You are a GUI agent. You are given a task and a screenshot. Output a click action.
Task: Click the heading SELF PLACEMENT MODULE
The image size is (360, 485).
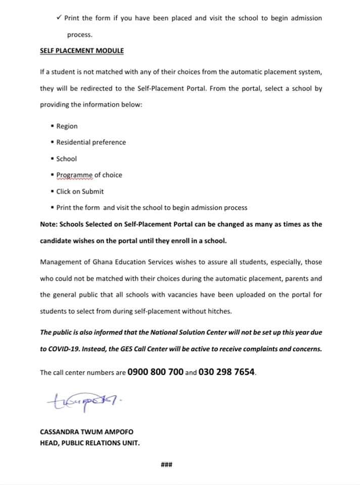(x=81, y=51)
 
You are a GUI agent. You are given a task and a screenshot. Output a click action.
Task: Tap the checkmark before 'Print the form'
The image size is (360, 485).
(x=60, y=18)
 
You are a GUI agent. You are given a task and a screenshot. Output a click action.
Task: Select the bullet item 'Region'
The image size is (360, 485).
(x=67, y=126)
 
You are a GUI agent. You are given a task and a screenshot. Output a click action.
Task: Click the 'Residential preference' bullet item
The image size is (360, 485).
(x=91, y=142)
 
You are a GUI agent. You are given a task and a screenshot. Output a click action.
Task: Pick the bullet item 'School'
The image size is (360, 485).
(x=66, y=159)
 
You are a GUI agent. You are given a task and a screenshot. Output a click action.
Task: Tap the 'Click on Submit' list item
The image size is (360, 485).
(x=80, y=191)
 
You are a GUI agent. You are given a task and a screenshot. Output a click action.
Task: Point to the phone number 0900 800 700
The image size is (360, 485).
(x=155, y=372)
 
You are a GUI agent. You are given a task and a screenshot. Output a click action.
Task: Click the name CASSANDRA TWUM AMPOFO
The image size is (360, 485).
(x=86, y=432)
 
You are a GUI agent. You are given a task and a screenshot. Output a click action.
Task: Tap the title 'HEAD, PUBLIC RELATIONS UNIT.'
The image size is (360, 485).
(x=90, y=443)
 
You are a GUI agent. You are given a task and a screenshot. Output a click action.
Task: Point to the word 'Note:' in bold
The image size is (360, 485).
(x=49, y=224)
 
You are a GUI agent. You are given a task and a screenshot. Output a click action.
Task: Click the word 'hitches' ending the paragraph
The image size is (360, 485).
(x=220, y=311)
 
